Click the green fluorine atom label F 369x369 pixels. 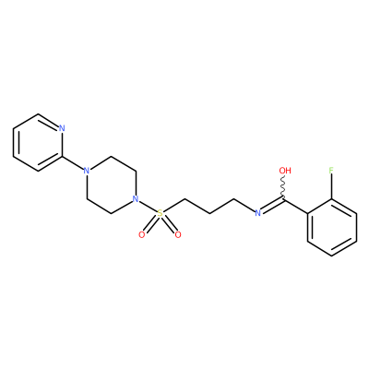[x=331, y=171]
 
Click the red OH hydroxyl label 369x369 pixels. [x=285, y=171]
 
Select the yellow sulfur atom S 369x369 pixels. [x=160, y=213]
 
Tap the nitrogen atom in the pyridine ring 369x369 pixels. [x=62, y=128]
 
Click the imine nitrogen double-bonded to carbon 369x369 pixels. [x=258, y=213]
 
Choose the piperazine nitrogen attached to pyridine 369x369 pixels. [x=87, y=171]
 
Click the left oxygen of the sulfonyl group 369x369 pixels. [x=142, y=235]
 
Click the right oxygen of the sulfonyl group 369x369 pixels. [x=178, y=235]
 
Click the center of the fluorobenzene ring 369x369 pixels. [x=332, y=227]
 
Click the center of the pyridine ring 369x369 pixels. [x=38, y=142]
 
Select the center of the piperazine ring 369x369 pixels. [x=111, y=184]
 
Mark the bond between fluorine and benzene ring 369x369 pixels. [x=331, y=187]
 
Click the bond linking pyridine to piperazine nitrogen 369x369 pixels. [x=73, y=162]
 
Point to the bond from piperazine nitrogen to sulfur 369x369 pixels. [x=148, y=206]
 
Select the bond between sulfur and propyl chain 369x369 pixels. [x=173, y=206]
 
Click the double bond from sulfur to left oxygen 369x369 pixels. [x=151, y=224]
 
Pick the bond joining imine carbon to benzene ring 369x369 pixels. [x=295, y=206]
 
